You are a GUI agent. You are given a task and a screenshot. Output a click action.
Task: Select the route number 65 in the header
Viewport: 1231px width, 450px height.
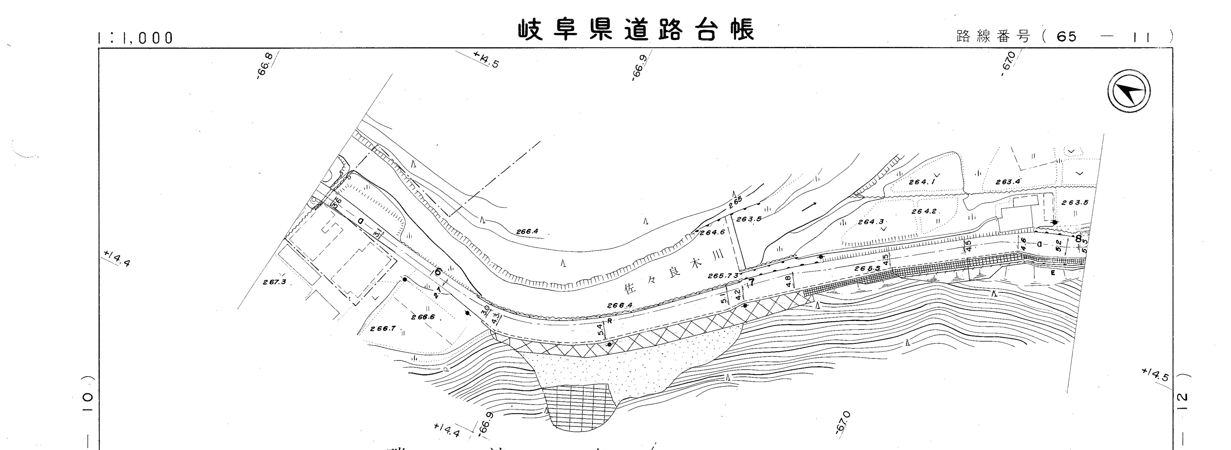point(1067,37)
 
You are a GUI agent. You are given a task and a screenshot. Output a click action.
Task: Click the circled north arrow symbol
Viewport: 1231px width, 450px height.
point(1129,91)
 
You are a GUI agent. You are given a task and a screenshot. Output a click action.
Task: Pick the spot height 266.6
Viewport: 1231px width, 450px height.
point(423,317)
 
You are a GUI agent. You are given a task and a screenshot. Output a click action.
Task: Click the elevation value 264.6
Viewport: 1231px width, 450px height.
point(712,233)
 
